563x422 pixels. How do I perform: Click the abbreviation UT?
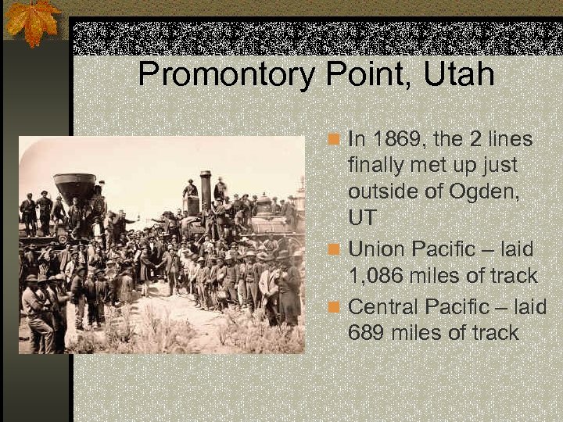pyautogui.click(x=363, y=218)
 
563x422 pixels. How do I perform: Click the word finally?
pyautogui.click(x=379, y=166)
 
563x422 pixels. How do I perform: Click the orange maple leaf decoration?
pyautogui.click(x=31, y=22)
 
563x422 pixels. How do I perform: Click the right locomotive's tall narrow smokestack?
pyautogui.click(x=206, y=188)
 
